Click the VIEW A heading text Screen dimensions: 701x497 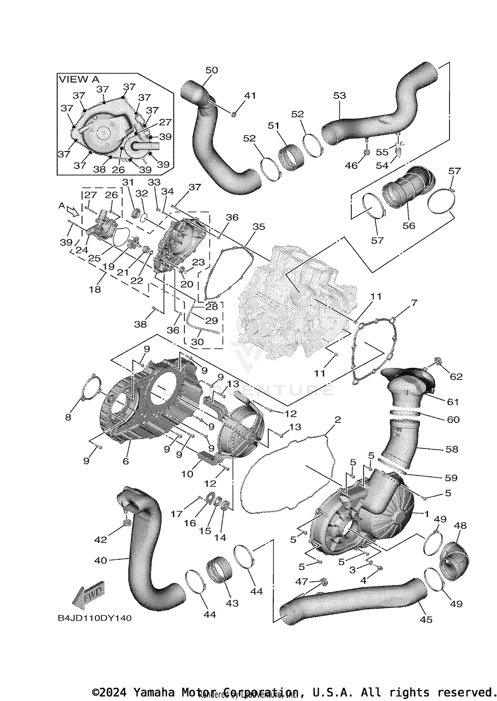[x=79, y=79]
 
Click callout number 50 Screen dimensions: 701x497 [x=211, y=70]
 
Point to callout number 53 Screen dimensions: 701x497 [x=339, y=96]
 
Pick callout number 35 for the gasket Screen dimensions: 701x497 [x=258, y=227]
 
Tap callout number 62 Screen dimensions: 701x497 [x=456, y=377]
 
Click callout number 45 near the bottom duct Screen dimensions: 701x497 [x=426, y=619]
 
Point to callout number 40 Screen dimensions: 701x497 [x=101, y=560]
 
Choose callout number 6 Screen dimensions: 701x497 [x=126, y=461]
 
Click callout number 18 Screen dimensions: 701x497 [x=95, y=289]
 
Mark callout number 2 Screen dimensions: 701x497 [x=337, y=420]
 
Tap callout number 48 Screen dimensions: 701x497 [x=460, y=526]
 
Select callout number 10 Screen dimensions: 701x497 [x=187, y=474]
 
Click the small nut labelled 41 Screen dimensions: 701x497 [x=234, y=115]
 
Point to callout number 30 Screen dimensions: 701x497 [x=197, y=342]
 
